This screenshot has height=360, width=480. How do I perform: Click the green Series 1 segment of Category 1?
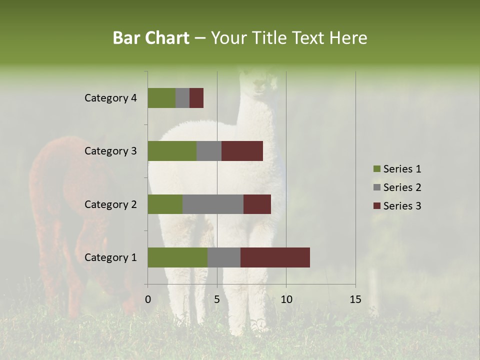pyautogui.click(x=177, y=257)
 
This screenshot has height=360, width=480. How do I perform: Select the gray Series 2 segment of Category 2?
pyautogui.click(x=213, y=204)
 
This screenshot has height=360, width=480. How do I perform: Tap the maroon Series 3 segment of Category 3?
pyautogui.click(x=242, y=151)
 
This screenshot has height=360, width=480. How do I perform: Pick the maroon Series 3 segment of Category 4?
pyautogui.click(x=196, y=98)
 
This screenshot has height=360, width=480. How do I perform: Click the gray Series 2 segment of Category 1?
pyautogui.click(x=224, y=257)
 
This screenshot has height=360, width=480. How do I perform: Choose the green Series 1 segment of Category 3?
pyautogui.click(x=172, y=151)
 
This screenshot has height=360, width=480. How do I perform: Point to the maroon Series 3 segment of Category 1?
pyautogui.click(x=275, y=257)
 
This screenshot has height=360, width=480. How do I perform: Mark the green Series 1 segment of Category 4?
pyautogui.click(x=161, y=98)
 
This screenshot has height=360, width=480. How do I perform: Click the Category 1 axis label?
pyautogui.click(x=110, y=257)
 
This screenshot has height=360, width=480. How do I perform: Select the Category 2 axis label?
pyautogui.click(x=110, y=204)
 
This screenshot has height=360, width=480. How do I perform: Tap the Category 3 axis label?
pyautogui.click(x=110, y=151)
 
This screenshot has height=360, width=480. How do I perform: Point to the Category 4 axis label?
pyautogui.click(x=110, y=98)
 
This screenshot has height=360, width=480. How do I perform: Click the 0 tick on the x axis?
pyautogui.click(x=148, y=299)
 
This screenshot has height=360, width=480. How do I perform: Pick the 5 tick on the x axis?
pyautogui.click(x=217, y=299)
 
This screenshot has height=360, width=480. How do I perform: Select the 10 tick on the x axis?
pyautogui.click(x=286, y=299)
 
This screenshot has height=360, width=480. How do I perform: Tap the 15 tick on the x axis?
pyautogui.click(x=355, y=299)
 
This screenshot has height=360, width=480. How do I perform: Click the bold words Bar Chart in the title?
pyautogui.click(x=151, y=38)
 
